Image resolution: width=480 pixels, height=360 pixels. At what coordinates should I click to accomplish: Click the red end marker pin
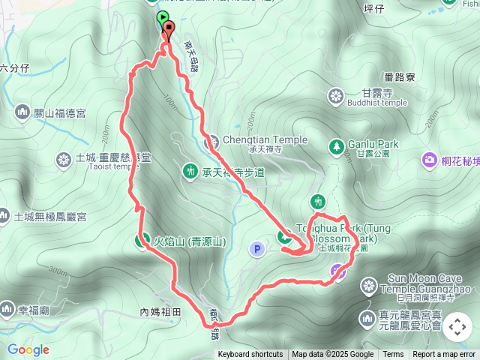click(x=167, y=31)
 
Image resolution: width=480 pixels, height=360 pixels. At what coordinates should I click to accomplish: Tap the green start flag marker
click(x=162, y=17)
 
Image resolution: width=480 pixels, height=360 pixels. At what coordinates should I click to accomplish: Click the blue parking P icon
click(x=257, y=248)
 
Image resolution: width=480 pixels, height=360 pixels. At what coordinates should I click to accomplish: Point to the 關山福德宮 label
click(x=59, y=113)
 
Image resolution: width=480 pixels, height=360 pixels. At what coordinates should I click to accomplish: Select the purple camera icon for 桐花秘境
click(x=430, y=159)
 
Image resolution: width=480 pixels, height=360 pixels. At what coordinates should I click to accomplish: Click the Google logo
click(x=28, y=349)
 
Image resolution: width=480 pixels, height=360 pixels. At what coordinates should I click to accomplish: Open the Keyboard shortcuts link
click(x=250, y=355)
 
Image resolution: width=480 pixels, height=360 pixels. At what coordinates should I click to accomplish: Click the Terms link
click(x=393, y=355)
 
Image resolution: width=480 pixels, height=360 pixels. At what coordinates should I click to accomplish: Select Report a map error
click(x=444, y=355)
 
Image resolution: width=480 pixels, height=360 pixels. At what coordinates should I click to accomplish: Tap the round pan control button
click(x=457, y=328)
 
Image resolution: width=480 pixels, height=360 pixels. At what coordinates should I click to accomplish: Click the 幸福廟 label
click(x=34, y=309)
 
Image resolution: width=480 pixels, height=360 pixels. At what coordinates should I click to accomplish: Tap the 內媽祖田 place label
click(x=160, y=311)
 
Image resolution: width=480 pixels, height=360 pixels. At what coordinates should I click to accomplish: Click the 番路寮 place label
click(x=399, y=76)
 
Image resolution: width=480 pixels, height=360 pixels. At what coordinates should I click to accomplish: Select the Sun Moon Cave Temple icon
click(x=368, y=285)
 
